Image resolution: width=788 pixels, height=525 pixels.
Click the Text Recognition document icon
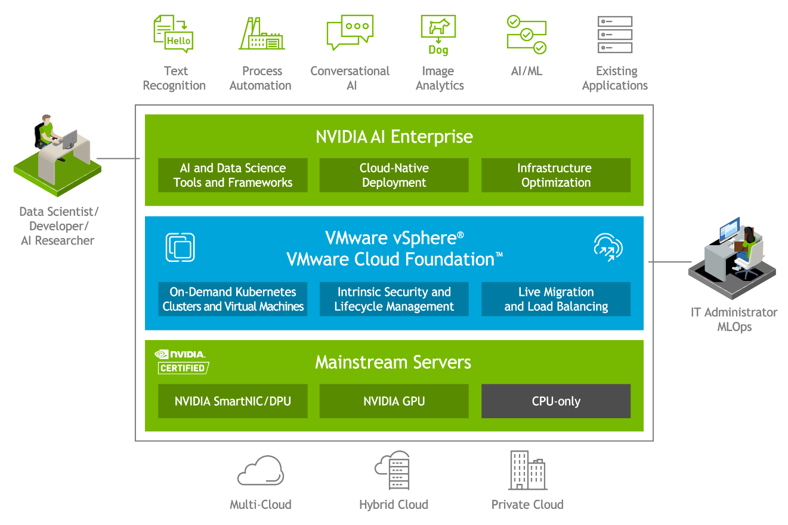[x=174, y=33]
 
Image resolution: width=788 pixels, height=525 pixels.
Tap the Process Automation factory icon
[x=262, y=34]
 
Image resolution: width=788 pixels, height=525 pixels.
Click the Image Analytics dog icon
[x=438, y=34]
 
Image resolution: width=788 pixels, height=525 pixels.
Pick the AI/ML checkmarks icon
[x=526, y=35]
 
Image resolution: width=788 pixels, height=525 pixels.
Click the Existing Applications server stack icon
[x=614, y=34]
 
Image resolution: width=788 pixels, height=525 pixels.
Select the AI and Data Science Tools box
[x=233, y=175]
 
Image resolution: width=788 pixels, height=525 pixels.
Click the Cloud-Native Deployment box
[x=394, y=175]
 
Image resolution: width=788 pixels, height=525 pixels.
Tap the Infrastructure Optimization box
[x=556, y=175]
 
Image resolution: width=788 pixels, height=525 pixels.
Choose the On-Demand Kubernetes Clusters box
[x=233, y=299]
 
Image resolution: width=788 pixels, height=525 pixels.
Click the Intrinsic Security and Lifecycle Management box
[x=394, y=299]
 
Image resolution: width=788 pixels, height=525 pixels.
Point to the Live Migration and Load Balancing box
[x=556, y=299]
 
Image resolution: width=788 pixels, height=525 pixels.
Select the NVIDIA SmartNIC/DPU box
[x=233, y=401]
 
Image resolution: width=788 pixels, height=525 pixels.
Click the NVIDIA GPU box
[x=394, y=401]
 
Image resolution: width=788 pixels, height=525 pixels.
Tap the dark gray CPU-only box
[x=556, y=401]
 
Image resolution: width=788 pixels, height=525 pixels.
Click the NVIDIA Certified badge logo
[x=182, y=362]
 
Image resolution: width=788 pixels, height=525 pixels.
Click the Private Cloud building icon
[x=527, y=470]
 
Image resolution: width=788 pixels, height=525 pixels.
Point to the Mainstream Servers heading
[x=393, y=362]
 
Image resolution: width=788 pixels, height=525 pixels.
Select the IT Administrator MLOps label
[x=734, y=319]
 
